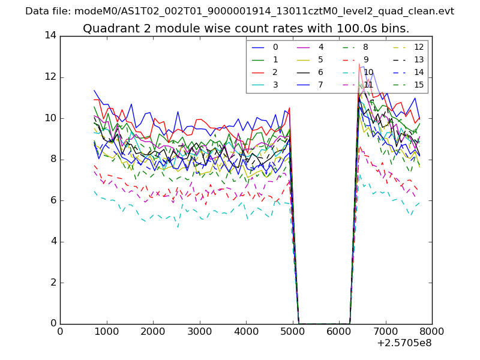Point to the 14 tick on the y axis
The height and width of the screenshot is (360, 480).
coord(50,35)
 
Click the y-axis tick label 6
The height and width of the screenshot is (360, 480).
coord(53,200)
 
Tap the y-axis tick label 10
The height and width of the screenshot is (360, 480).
coord(50,118)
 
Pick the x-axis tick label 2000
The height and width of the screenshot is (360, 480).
coord(153,331)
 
